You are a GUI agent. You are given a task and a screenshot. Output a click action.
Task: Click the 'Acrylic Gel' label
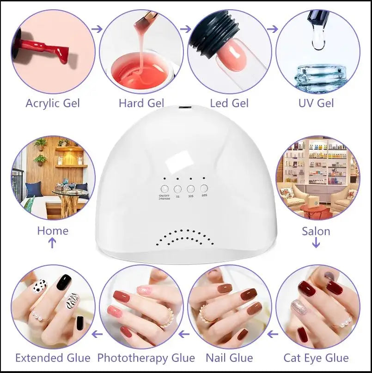click(53, 102)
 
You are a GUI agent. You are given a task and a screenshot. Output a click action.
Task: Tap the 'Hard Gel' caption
click(141, 102)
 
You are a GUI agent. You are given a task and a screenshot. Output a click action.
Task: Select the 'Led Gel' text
click(229, 102)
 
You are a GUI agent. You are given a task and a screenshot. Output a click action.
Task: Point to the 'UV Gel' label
click(317, 102)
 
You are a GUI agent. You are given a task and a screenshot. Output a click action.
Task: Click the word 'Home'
click(53, 230)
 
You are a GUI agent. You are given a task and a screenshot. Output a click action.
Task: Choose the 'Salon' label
click(316, 230)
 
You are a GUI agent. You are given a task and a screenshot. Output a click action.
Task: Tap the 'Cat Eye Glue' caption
click(316, 357)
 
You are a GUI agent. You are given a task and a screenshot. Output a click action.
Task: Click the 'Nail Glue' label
click(229, 357)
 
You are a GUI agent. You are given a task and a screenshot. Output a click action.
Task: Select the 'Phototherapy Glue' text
click(146, 357)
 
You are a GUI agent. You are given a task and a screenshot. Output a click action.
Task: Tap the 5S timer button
click(177, 189)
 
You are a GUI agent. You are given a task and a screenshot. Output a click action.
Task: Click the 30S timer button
click(190, 189)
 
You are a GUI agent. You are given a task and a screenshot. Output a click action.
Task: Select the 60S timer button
click(204, 188)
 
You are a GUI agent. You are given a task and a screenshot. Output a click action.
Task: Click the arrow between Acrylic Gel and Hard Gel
click(97, 29)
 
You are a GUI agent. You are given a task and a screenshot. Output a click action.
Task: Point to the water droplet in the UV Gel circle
click(318, 41)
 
